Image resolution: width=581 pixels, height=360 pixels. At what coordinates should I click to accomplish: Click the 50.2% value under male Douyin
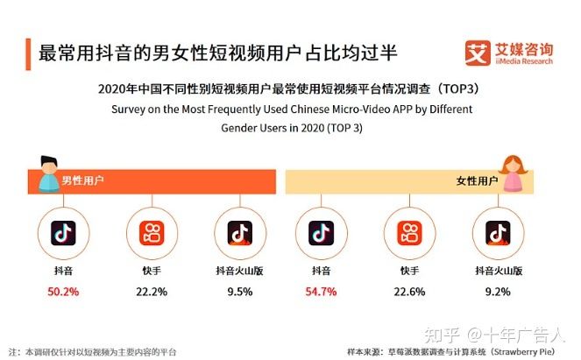click(64, 292)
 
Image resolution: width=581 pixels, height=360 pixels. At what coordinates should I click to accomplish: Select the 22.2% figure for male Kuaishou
click(152, 292)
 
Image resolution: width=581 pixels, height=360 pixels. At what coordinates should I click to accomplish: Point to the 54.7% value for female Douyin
click(321, 292)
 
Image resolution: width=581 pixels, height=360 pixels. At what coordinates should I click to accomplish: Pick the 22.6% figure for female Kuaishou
click(409, 292)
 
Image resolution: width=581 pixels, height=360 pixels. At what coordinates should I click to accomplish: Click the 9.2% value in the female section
click(498, 292)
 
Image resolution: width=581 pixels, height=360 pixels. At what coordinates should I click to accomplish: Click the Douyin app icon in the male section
click(64, 234)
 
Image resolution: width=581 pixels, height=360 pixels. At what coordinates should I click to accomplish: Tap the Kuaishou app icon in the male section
click(152, 234)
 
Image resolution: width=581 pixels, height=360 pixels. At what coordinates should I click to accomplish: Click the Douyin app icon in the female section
click(321, 234)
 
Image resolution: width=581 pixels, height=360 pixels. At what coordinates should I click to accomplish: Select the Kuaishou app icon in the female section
click(409, 234)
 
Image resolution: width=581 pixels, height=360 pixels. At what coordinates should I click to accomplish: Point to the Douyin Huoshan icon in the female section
click(498, 234)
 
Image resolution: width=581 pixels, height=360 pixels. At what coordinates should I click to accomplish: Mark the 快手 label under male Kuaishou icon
click(152, 272)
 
